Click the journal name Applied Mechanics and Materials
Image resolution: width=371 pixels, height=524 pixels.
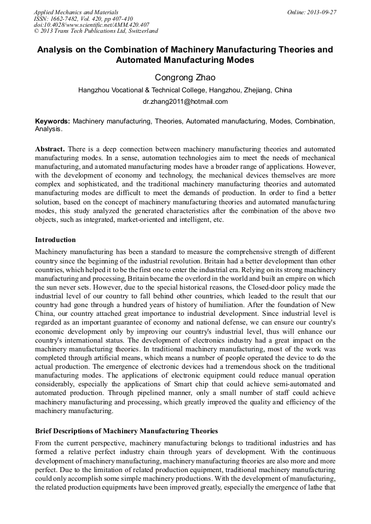tap(76, 12)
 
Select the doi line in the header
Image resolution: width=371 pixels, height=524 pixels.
tap(92, 25)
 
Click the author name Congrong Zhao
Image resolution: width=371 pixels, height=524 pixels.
tap(185, 78)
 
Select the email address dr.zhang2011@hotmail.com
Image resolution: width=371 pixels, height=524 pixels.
tap(185, 102)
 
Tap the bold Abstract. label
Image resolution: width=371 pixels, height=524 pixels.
tap(50, 149)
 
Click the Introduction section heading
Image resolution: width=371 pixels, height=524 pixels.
tap(55, 240)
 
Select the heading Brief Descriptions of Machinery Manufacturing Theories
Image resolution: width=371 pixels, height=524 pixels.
tap(126, 431)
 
